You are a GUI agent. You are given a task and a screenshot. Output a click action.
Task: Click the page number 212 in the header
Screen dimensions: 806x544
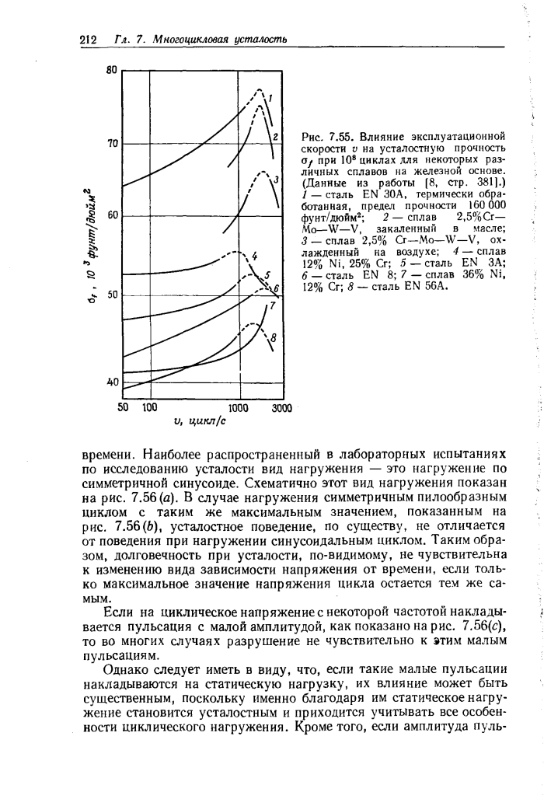point(88,40)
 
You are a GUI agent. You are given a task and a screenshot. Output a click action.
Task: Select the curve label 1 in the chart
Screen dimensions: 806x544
point(270,99)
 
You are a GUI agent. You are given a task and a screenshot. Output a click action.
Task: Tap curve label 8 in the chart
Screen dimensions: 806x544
point(272,337)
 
